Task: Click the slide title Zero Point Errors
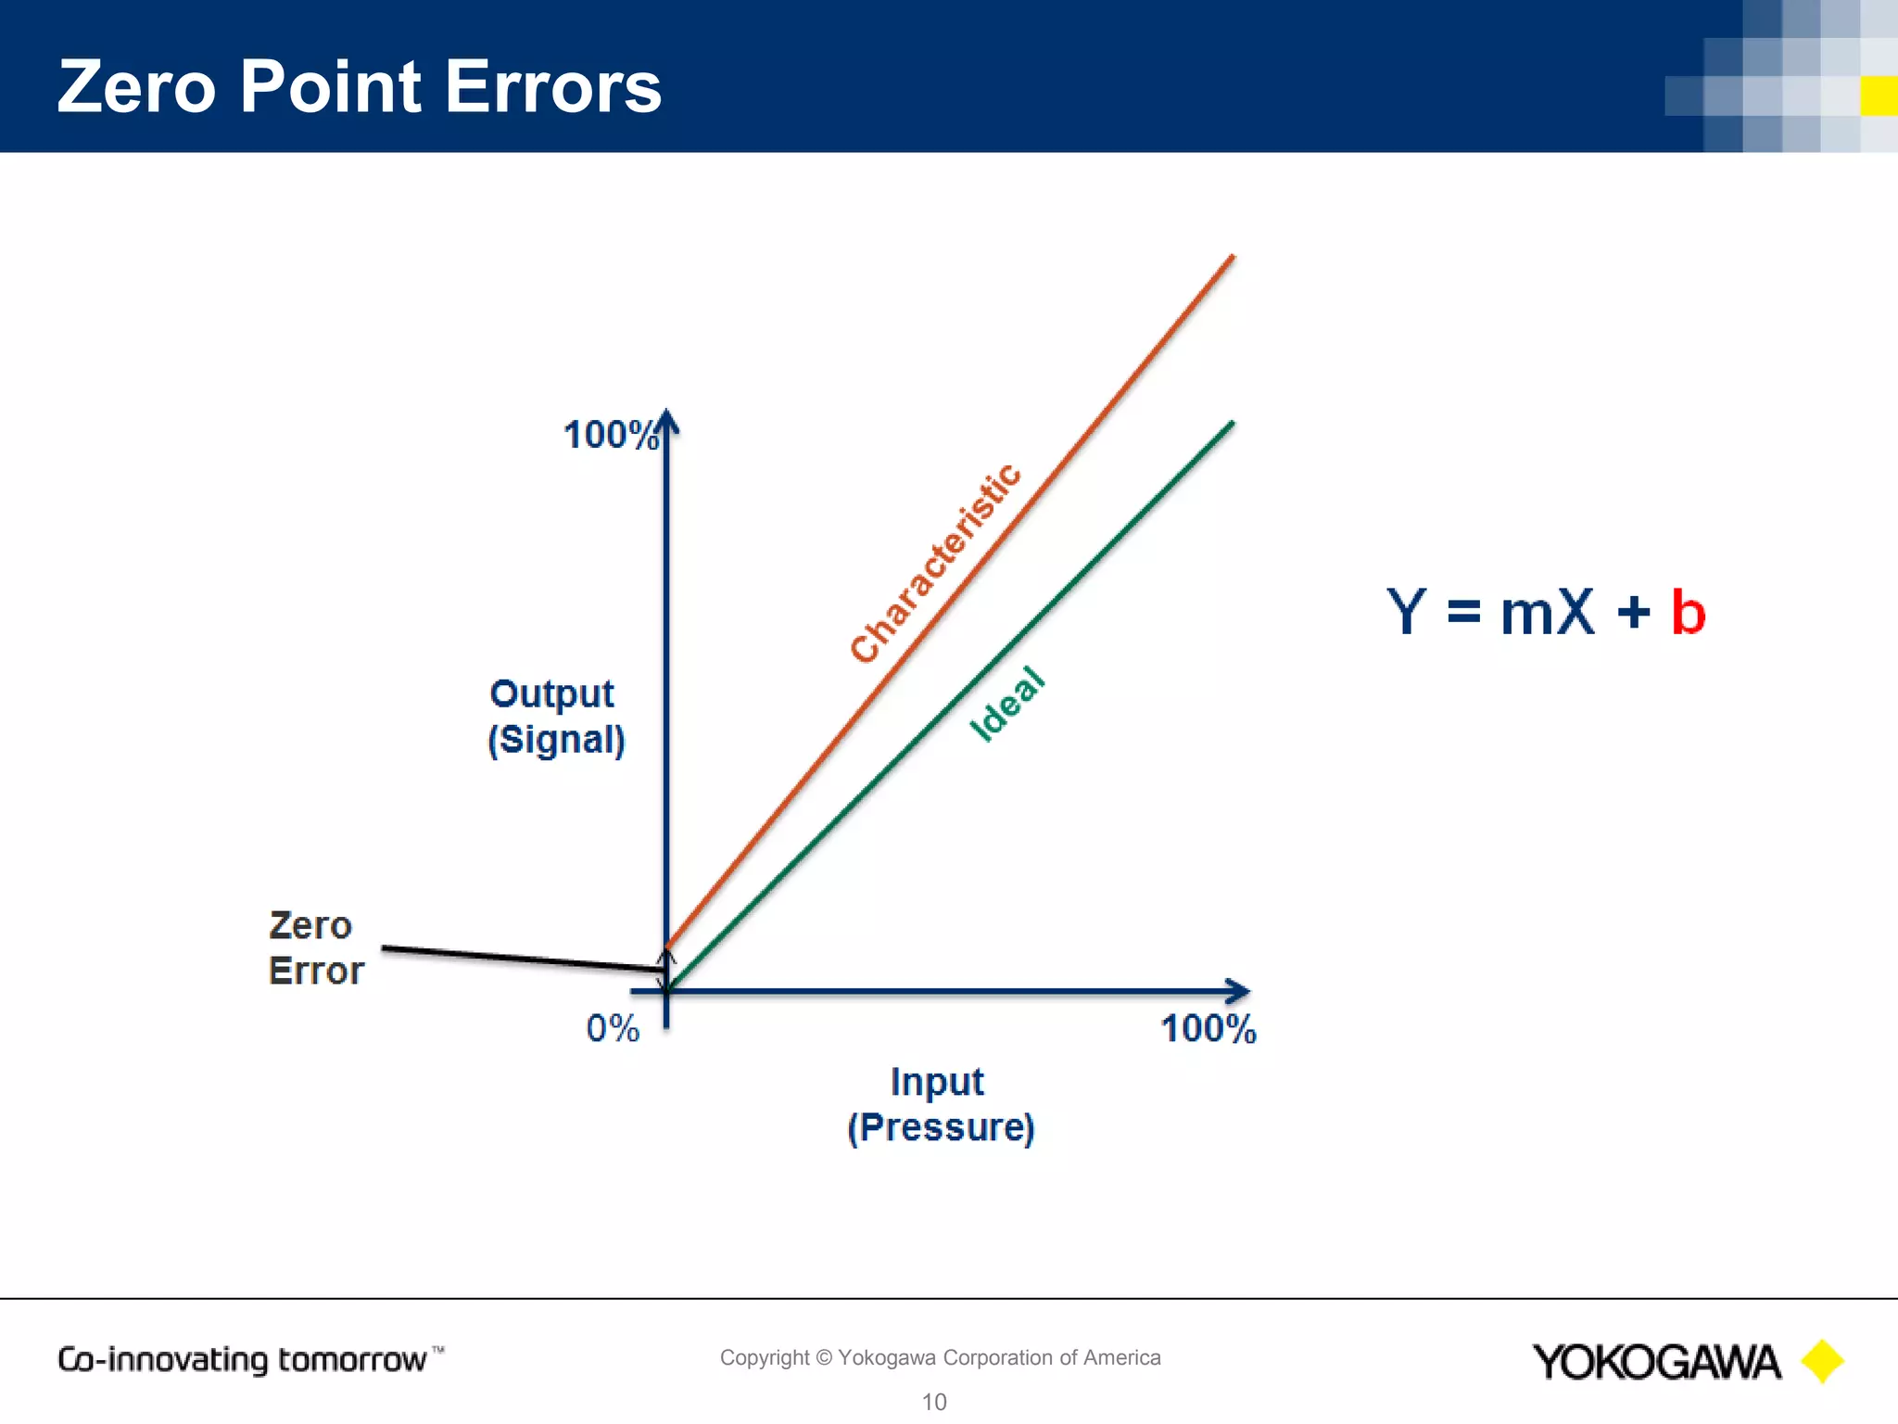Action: tap(360, 86)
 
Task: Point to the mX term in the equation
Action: tap(1548, 613)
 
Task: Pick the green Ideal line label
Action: tap(1007, 705)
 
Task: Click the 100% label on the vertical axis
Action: tap(610, 435)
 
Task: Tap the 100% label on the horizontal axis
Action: tap(1208, 1029)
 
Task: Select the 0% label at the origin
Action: tap(613, 1028)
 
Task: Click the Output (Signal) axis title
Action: tap(555, 717)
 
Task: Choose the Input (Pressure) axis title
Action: tap(940, 1104)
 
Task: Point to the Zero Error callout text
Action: tap(315, 947)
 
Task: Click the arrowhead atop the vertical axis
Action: tap(667, 422)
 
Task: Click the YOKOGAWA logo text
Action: tap(1656, 1362)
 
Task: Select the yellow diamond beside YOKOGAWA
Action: tap(1822, 1361)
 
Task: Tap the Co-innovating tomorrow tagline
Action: tap(244, 1359)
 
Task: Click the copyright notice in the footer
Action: tap(940, 1357)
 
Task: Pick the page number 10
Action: tap(934, 1402)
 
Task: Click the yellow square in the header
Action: tap(1879, 95)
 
